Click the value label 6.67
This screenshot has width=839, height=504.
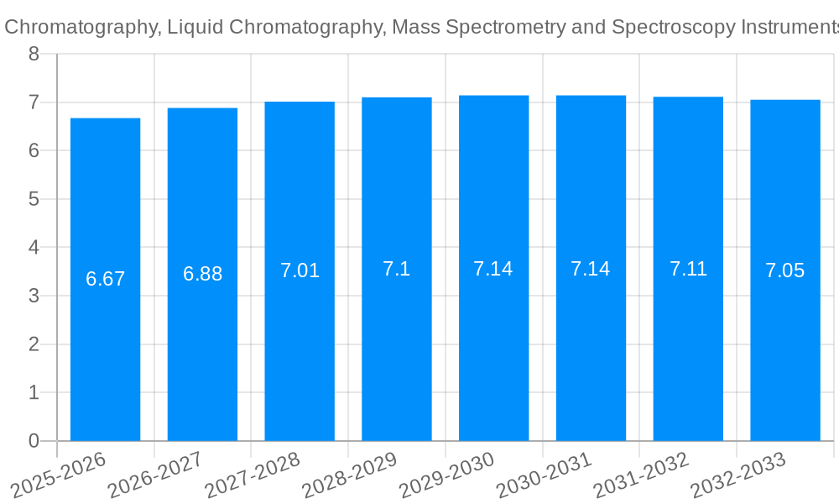[105, 279]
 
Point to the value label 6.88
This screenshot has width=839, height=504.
[202, 274]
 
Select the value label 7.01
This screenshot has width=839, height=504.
[300, 270]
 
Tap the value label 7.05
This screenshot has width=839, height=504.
[784, 270]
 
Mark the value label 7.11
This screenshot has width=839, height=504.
[688, 269]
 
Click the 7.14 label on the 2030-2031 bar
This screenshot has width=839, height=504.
[591, 269]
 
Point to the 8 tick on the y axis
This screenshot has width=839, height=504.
[34, 55]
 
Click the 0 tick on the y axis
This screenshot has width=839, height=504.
[34, 441]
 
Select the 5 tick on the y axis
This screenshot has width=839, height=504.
[34, 199]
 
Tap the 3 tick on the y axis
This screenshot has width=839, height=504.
[34, 296]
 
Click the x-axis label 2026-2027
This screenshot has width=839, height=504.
[154, 475]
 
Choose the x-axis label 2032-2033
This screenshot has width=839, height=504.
[737, 475]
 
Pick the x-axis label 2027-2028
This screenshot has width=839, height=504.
[252, 475]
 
